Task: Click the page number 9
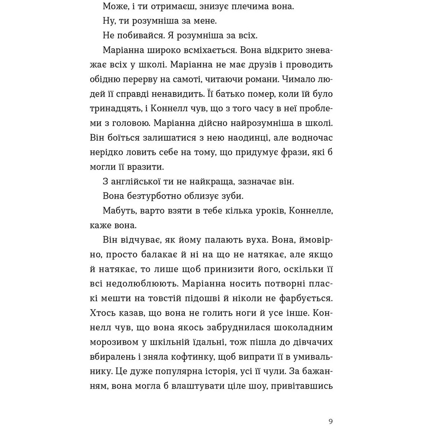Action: (332, 420)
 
